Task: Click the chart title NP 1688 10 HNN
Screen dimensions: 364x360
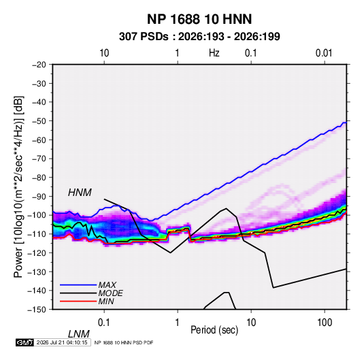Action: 199,19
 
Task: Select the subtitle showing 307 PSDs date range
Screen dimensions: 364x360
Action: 199,37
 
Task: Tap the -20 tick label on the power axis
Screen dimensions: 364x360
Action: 39,65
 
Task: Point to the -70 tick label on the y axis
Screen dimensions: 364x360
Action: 39,159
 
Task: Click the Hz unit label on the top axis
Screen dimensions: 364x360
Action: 214,53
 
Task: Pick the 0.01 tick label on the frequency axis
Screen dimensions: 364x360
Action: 324,53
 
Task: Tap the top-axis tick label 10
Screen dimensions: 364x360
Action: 104,53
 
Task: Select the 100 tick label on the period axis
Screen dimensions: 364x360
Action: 325,323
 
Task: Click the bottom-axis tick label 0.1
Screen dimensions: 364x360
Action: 103,323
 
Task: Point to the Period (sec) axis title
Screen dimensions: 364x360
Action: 214,330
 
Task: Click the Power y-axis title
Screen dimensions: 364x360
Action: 18,187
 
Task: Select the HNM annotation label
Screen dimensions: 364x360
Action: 80,193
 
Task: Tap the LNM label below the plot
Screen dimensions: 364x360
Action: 78,334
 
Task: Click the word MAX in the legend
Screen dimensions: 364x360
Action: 107,285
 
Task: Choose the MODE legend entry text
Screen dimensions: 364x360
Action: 110,293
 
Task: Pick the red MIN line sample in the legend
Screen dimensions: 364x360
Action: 78,301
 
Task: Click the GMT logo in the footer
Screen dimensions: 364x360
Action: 25,342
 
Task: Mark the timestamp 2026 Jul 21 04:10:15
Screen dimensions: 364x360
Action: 62,342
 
